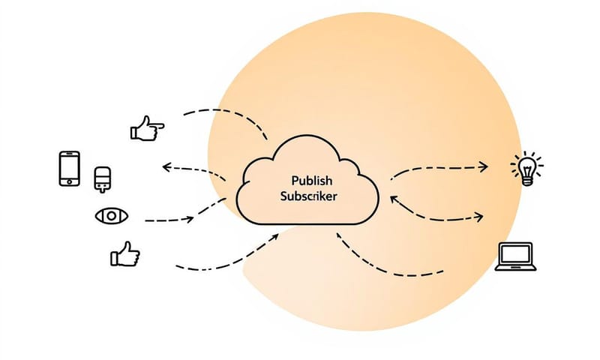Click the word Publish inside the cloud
[308, 181]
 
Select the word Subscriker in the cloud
[308, 196]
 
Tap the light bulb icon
[526, 169]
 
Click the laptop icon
[516, 256]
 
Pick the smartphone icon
[69, 168]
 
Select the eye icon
[112, 216]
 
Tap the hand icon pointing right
[147, 129]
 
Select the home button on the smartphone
[69, 181]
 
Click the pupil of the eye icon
[112, 216]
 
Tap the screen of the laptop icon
[516, 253]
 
